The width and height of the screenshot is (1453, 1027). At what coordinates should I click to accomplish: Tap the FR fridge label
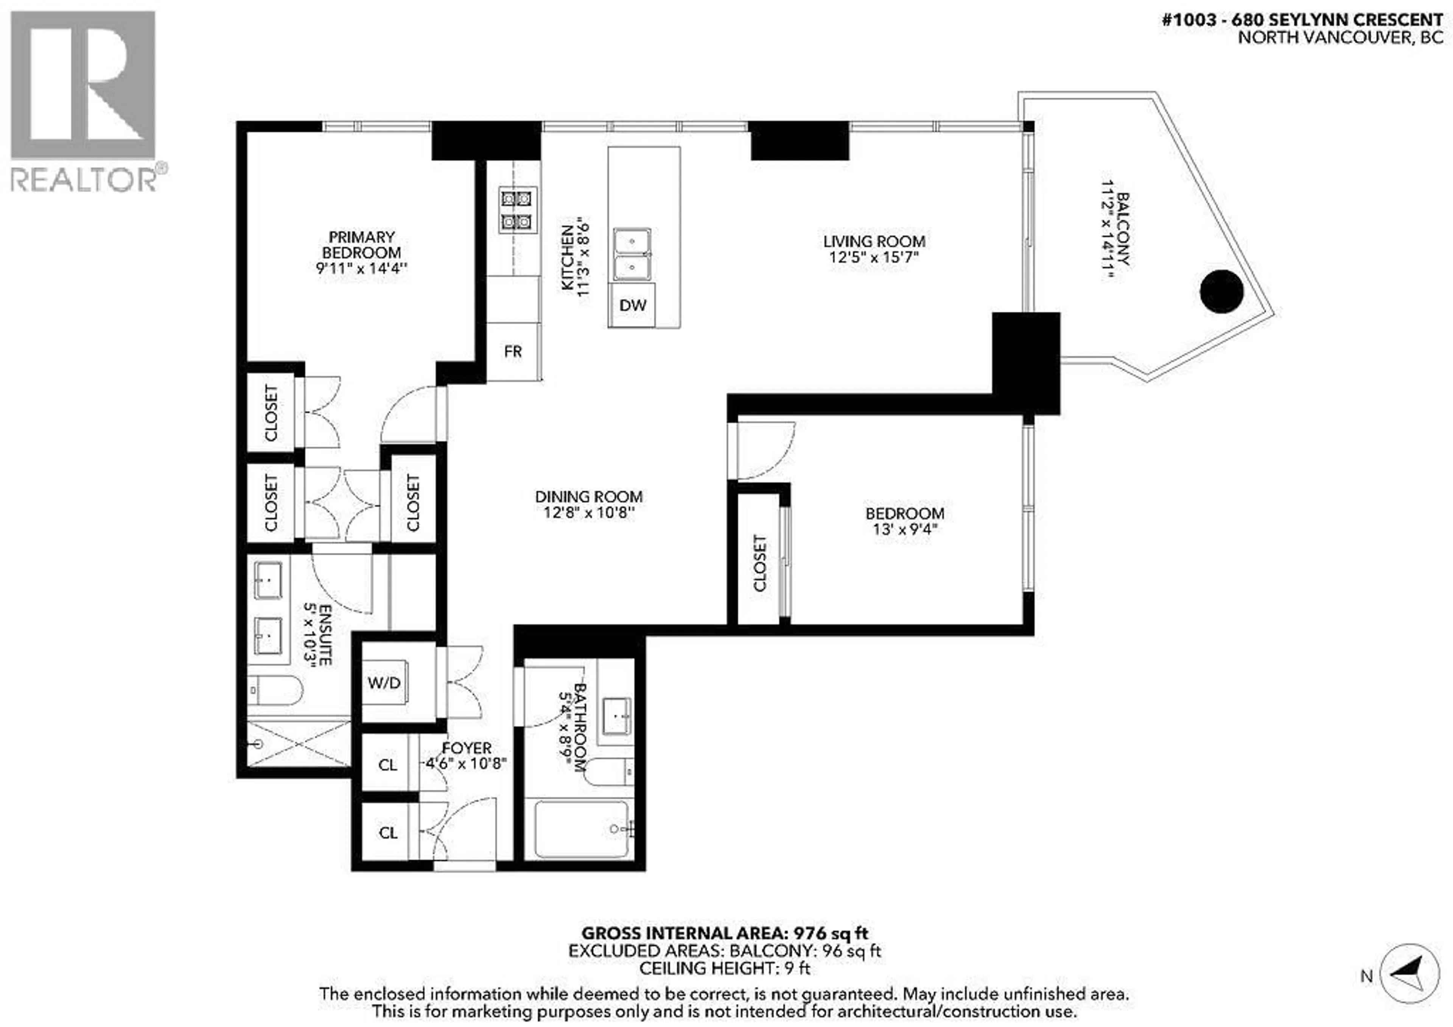[x=513, y=351]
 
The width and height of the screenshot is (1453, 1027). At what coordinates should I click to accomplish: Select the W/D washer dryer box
[x=384, y=683]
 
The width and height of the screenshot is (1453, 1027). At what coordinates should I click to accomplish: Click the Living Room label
[x=874, y=241]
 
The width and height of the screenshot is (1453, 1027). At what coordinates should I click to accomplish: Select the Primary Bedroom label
[x=361, y=244]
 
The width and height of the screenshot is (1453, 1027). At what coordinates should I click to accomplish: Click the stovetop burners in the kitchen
[x=517, y=210]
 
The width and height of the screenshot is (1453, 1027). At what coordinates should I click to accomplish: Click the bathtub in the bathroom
[x=580, y=829]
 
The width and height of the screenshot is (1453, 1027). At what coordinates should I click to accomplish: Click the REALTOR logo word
[x=84, y=180]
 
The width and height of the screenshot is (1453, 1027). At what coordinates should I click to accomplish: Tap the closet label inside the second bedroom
[x=759, y=563]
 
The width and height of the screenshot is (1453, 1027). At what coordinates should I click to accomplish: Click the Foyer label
[x=467, y=747]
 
